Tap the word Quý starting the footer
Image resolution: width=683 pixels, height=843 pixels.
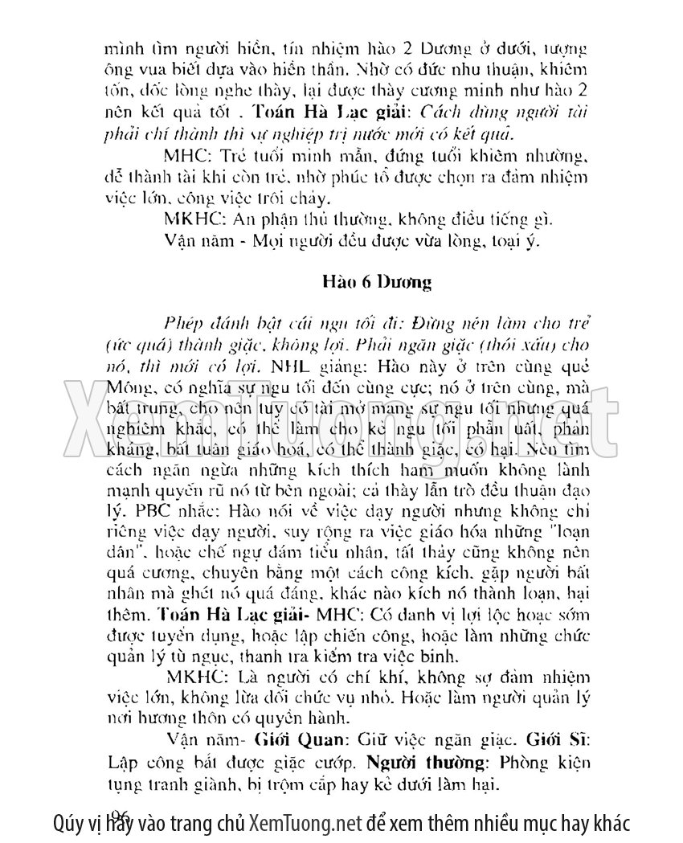point(66,823)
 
